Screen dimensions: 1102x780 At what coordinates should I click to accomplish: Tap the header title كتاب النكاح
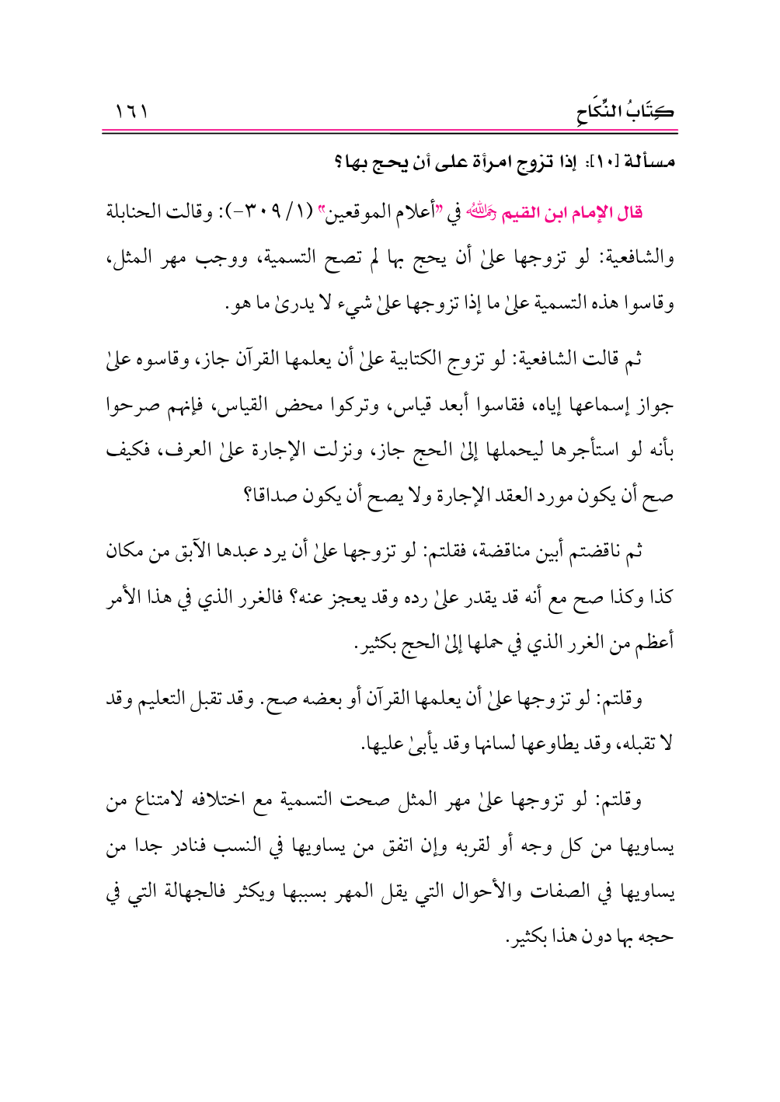coord(625,111)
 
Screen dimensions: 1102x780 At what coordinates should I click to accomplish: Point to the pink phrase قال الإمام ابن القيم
coord(573,212)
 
